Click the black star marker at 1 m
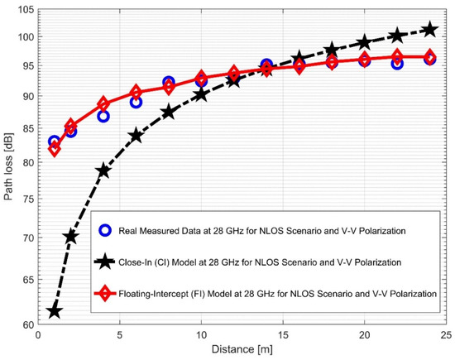tap(55, 311)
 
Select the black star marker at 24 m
tap(429, 30)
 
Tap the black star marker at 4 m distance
tap(103, 171)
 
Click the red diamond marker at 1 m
tap(55, 149)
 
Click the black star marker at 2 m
tap(71, 237)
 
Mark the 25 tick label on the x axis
tap(445, 336)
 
